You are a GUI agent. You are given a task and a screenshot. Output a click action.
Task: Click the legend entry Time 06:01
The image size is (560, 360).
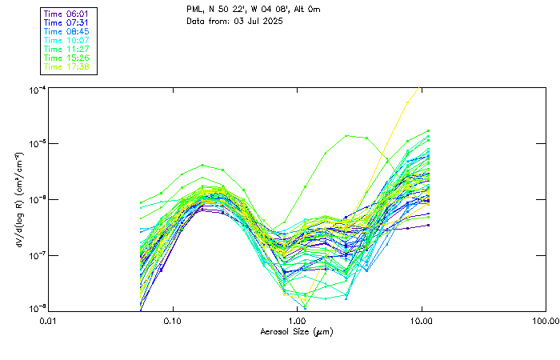(68, 13)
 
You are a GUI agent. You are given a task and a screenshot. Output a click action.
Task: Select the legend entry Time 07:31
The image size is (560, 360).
(68, 22)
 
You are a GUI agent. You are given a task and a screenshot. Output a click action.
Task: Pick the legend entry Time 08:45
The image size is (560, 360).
(68, 31)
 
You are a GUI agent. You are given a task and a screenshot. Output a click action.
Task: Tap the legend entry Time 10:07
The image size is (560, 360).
(68, 40)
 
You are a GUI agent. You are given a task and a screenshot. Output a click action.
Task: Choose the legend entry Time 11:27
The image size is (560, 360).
(68, 49)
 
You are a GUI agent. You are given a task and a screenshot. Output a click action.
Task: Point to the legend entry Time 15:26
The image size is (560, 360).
(68, 58)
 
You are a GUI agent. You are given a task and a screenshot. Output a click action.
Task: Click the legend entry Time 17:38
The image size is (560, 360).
(68, 67)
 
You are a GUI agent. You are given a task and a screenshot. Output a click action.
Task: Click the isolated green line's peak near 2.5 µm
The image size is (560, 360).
(346, 136)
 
